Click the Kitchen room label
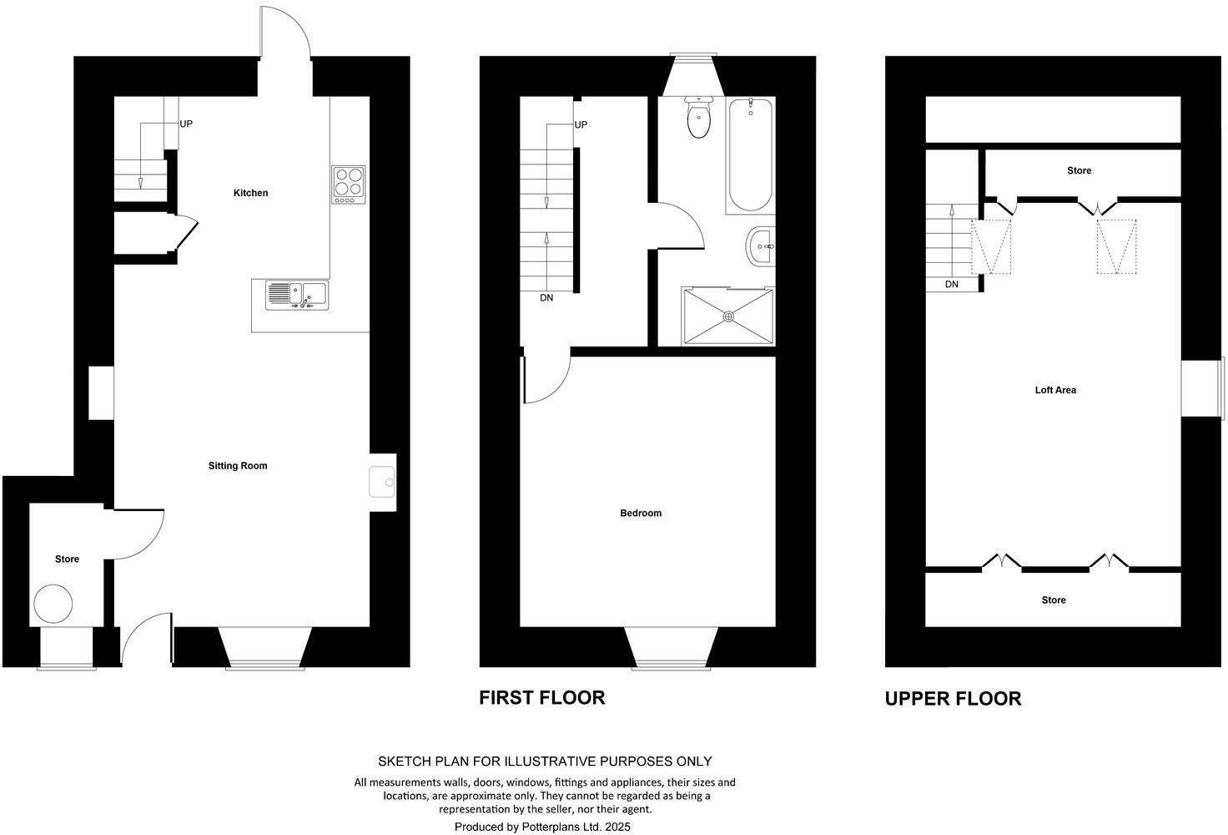click(x=250, y=193)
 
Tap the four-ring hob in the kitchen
click(x=349, y=184)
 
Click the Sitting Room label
click(x=238, y=466)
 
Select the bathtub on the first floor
click(x=750, y=154)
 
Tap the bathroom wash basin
click(x=761, y=246)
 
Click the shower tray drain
click(x=728, y=316)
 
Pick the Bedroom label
click(x=641, y=514)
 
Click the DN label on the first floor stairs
click(x=546, y=298)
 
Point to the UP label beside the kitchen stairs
click(x=186, y=124)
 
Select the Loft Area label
click(x=1055, y=390)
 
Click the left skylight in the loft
click(x=992, y=246)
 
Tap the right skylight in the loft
click(x=1116, y=246)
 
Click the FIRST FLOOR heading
click(x=541, y=698)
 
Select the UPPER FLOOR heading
click(x=953, y=699)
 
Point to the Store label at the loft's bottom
click(x=1054, y=600)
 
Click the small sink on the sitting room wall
click(x=383, y=481)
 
